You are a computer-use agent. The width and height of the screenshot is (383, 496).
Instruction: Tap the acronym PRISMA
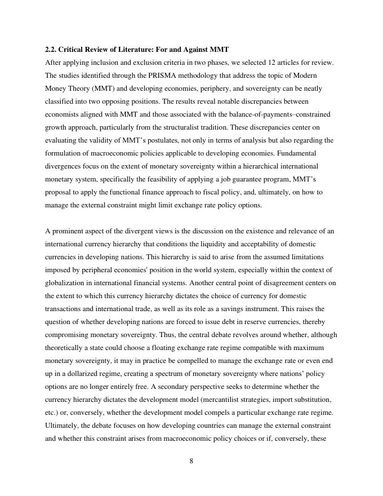pos(149,76)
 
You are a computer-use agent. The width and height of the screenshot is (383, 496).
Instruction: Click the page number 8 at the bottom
pos(191,461)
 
